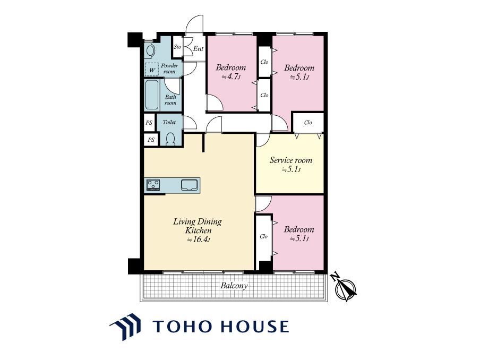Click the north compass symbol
click(x=345, y=288)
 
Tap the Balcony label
click(x=234, y=286)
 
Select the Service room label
click(x=291, y=160)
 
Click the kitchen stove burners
click(x=153, y=185)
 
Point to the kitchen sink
click(x=189, y=185)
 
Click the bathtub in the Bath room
click(x=151, y=95)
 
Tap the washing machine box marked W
click(x=152, y=69)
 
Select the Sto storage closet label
click(x=177, y=47)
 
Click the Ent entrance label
click(x=198, y=48)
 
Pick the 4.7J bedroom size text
click(x=231, y=76)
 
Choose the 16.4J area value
click(x=199, y=239)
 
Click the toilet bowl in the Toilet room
click(x=170, y=139)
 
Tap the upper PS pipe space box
click(x=149, y=123)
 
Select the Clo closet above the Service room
click(x=308, y=123)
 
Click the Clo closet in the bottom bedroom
click(x=263, y=237)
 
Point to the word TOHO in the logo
click(x=183, y=326)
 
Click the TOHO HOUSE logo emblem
click(x=125, y=327)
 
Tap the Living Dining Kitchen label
click(x=198, y=226)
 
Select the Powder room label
click(x=169, y=68)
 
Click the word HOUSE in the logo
click(x=255, y=326)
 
